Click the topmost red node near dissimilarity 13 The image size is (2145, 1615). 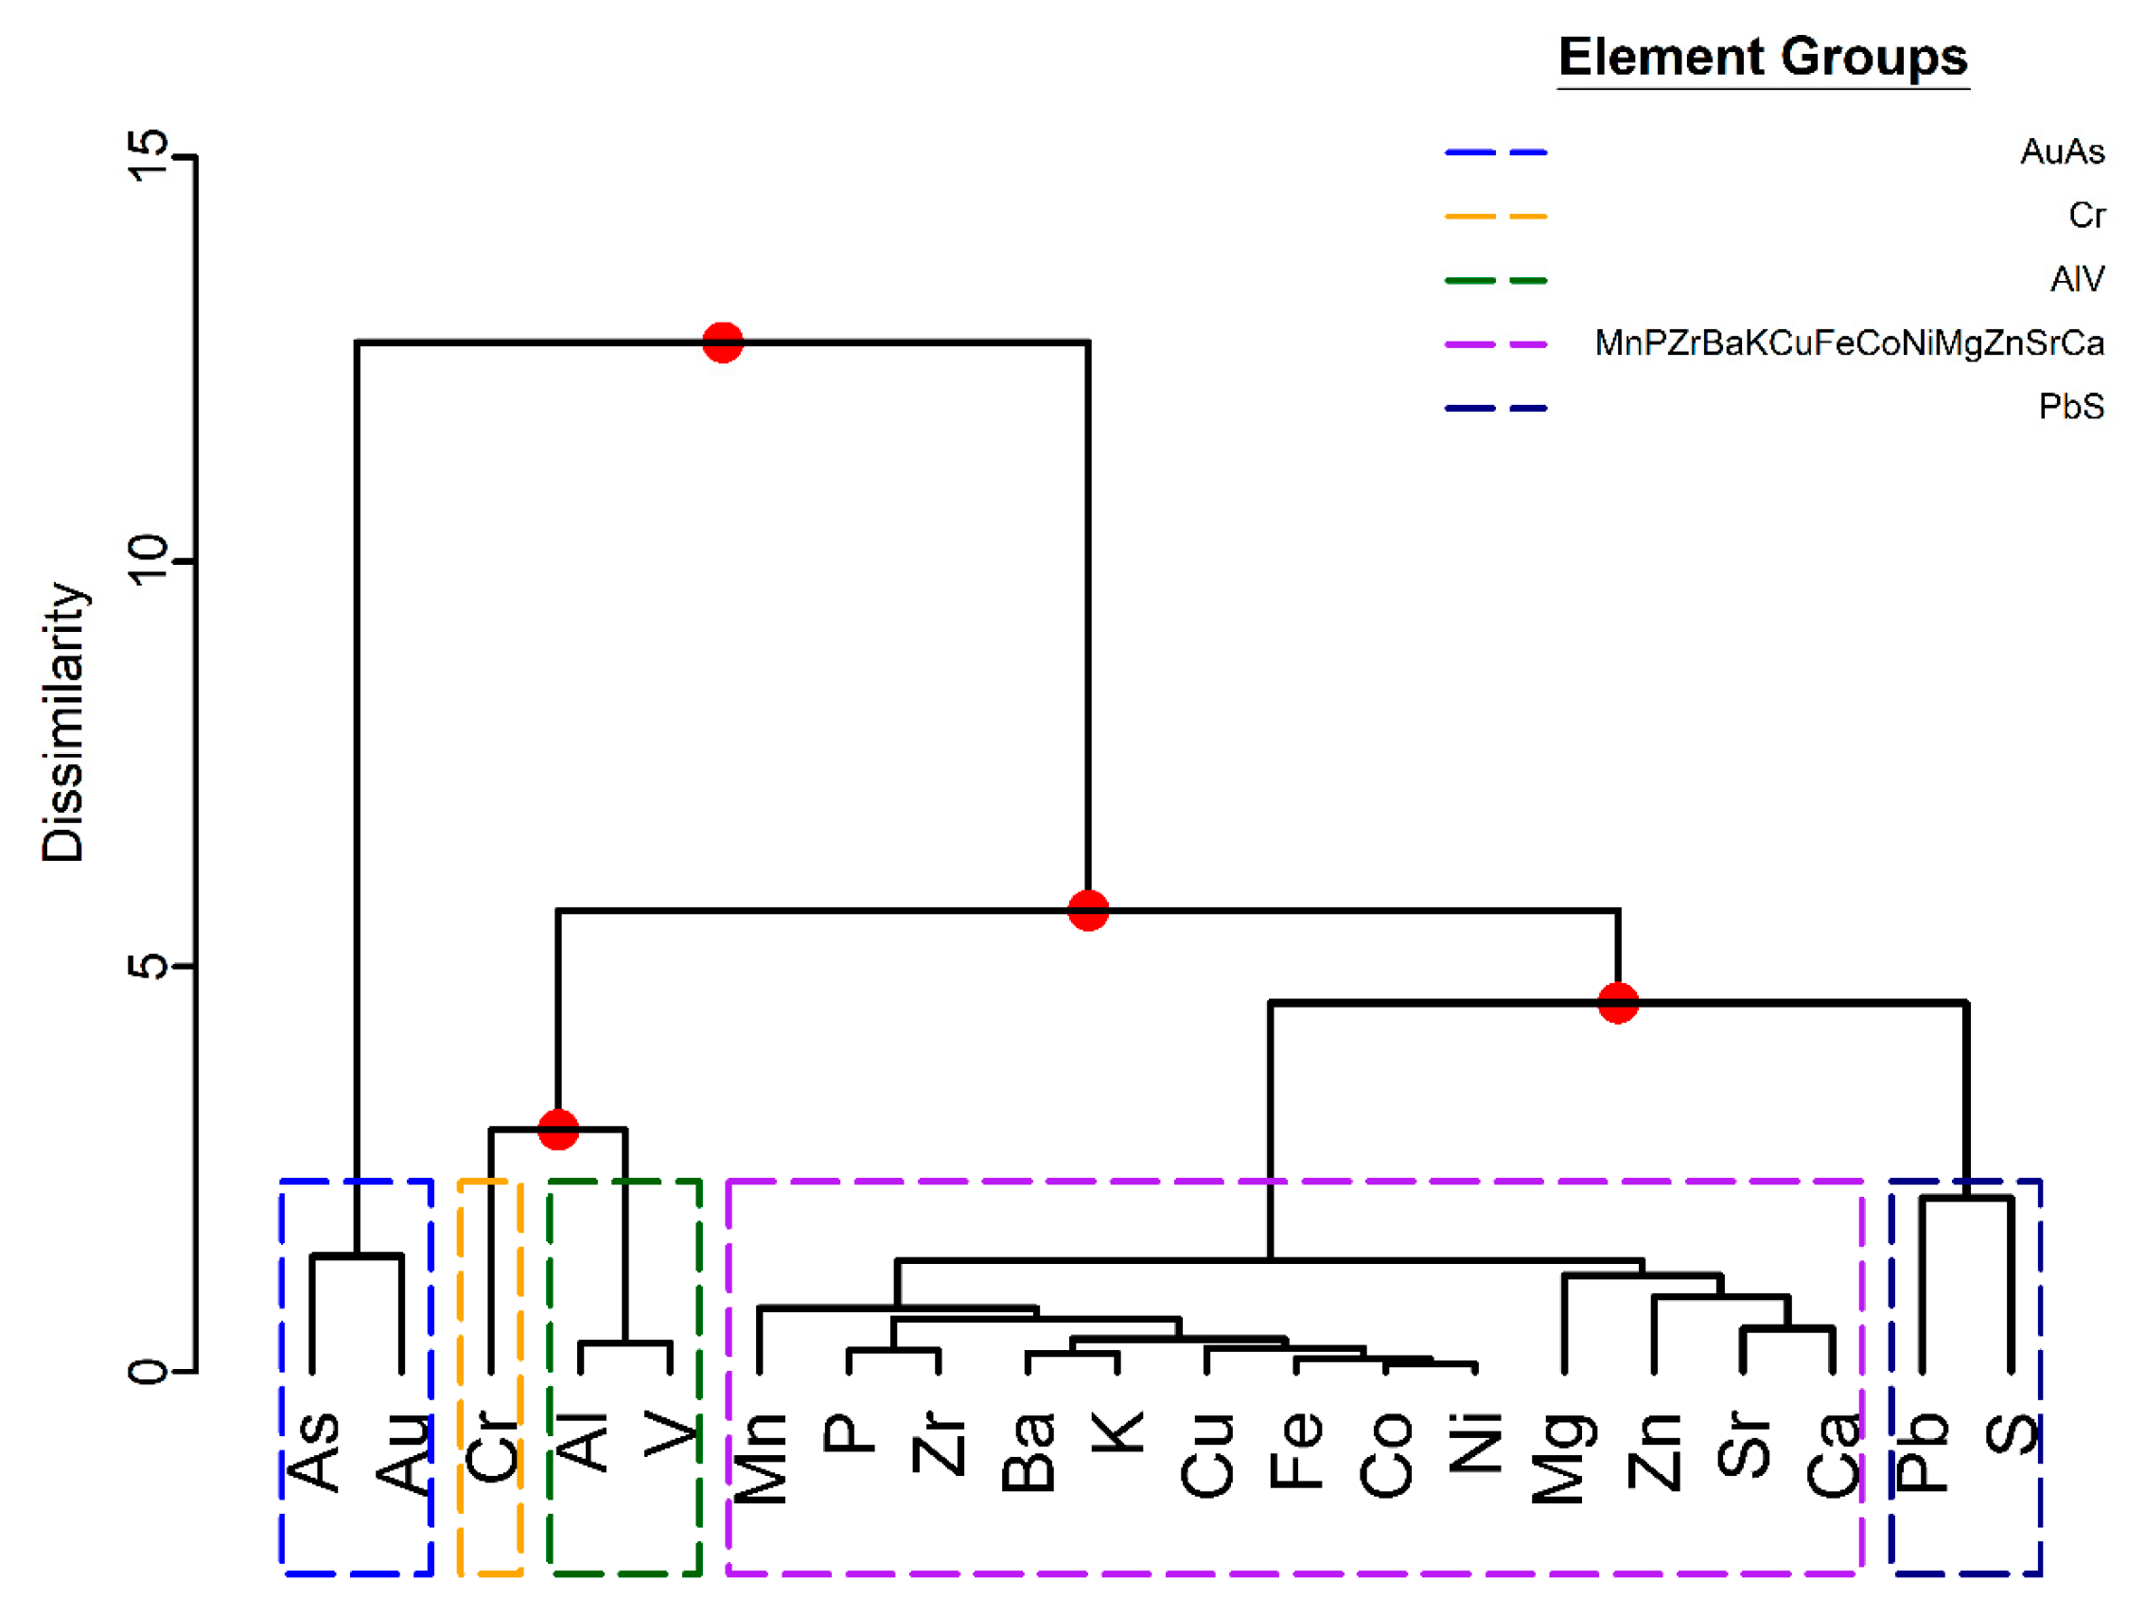click(723, 342)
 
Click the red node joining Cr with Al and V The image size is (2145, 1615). click(557, 1130)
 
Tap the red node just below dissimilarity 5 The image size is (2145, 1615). click(1617, 1002)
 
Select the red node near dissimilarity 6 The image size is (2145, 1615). click(1088, 910)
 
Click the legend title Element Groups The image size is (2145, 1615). click(1762, 56)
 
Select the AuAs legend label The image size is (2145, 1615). click(2062, 152)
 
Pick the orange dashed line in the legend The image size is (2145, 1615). click(1495, 216)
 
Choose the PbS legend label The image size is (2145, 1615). click(2070, 407)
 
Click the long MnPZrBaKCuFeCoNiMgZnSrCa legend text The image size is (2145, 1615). click(1848, 343)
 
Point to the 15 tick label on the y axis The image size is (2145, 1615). click(149, 156)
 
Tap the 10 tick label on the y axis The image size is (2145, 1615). click(149, 560)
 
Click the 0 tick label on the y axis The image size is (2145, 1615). click(149, 1371)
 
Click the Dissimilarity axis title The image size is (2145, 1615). click(64, 722)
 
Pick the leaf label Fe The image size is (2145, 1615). click(1296, 1450)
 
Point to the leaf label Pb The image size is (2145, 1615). click(1922, 1451)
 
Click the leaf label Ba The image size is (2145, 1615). click(1028, 1451)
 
